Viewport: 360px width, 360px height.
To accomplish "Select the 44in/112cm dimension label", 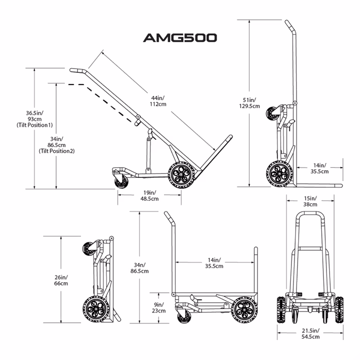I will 158,101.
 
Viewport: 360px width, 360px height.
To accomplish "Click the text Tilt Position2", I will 57,151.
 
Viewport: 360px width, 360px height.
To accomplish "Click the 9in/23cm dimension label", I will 158,307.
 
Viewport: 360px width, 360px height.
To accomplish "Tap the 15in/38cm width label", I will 309,200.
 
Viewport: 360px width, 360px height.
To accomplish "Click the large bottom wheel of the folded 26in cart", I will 96,309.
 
